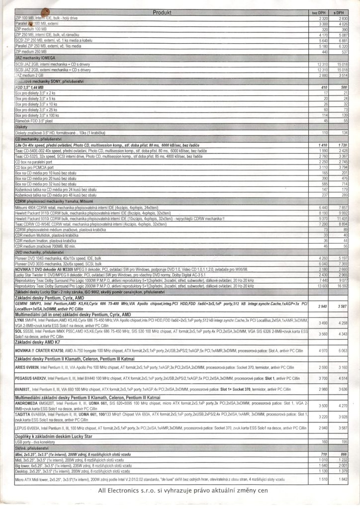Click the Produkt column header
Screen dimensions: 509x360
click(162, 12)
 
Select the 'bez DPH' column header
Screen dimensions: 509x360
click(318, 12)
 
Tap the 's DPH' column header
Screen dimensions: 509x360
click(340, 12)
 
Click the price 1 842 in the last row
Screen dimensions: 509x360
click(342, 479)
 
